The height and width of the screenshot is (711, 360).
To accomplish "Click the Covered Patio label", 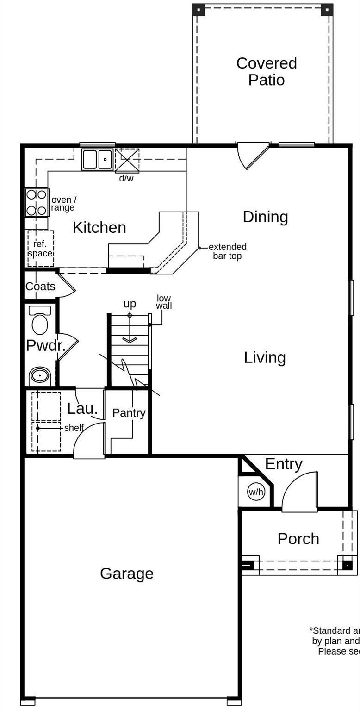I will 266,71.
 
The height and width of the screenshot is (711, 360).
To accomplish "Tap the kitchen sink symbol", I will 98,159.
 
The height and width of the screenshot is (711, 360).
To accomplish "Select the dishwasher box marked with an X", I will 127,161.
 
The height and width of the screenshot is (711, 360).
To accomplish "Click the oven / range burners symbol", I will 37,203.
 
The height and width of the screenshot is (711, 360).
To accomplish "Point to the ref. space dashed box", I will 41,249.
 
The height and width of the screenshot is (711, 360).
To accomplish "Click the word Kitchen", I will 99,227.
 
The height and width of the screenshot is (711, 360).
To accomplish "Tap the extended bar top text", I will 227,251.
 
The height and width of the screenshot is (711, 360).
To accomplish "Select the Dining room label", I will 265,217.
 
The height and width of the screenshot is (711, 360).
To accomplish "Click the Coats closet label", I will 40,287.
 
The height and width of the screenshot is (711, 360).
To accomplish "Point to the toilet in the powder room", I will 40,320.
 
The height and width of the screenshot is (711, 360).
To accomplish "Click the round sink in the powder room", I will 40,375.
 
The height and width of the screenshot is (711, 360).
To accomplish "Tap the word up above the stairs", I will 130,304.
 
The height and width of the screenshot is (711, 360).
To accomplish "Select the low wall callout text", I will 164,302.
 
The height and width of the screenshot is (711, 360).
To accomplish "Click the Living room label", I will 265,357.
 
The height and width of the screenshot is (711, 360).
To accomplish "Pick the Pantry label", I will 129,412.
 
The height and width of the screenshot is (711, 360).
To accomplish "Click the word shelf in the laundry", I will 74,428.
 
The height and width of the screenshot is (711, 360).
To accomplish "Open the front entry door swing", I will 300,493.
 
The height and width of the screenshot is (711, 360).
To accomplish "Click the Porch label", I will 298,539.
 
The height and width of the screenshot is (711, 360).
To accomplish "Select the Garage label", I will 126,574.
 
